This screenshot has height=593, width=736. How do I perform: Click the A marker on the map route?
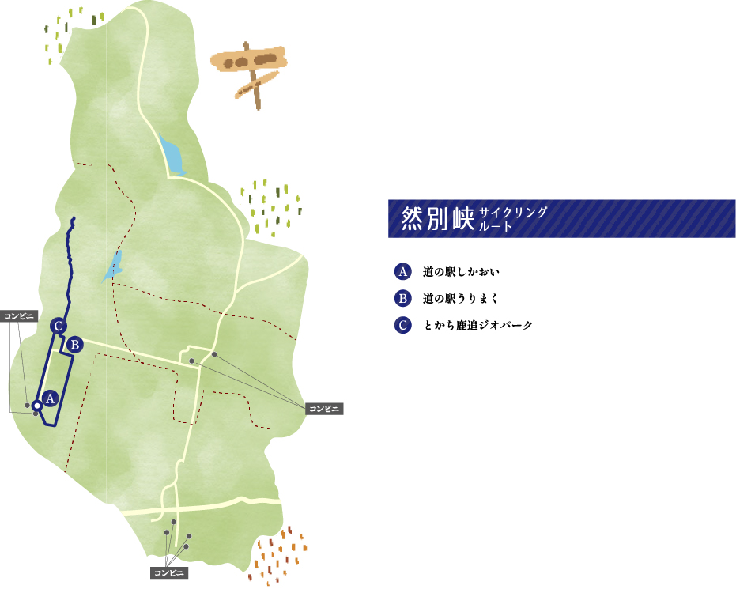pyautogui.click(x=50, y=398)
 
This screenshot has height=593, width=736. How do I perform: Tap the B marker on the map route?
pyautogui.click(x=74, y=344)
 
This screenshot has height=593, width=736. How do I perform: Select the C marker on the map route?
pyautogui.click(x=57, y=325)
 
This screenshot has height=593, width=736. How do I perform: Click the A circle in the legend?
pyautogui.click(x=402, y=272)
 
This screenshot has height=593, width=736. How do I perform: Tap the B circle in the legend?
pyautogui.click(x=402, y=298)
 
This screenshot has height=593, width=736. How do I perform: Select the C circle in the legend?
pyautogui.click(x=402, y=324)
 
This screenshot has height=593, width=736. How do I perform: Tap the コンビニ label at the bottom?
pyautogui.click(x=169, y=572)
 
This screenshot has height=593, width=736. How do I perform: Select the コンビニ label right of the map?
pyautogui.click(x=324, y=408)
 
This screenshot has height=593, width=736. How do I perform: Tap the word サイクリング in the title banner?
pyautogui.click(x=512, y=212)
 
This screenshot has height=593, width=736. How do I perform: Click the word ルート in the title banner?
pyautogui.click(x=496, y=226)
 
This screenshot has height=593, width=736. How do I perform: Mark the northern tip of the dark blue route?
pyautogui.click(x=74, y=218)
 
